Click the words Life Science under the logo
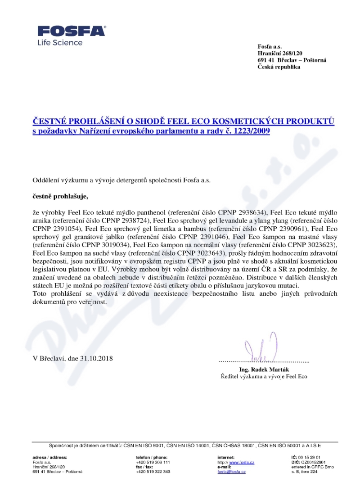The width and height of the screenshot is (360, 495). tap(60, 43)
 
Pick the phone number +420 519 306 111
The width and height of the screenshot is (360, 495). tap(153, 462)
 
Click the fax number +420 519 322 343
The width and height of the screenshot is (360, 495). tap(153, 472)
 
